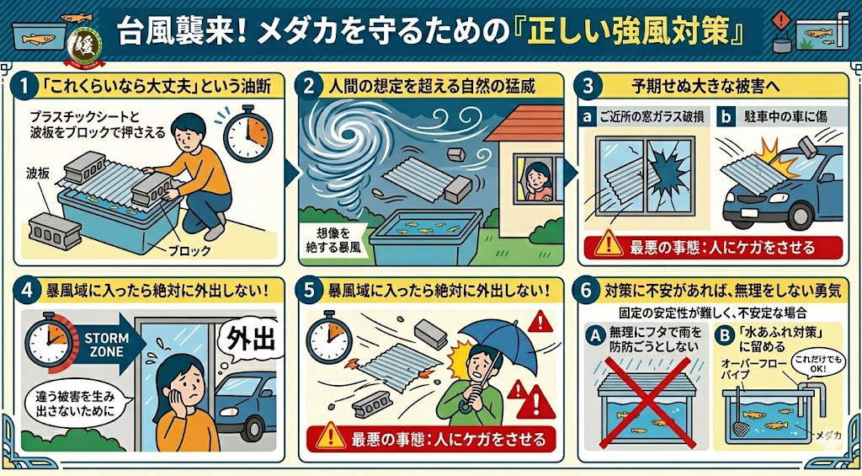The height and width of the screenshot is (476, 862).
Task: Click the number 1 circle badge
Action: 24,87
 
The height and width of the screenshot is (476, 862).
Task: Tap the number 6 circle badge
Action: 586,290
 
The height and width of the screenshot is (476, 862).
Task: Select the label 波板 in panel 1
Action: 38,174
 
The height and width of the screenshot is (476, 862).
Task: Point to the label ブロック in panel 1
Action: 189,251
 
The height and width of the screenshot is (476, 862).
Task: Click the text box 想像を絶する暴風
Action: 333,240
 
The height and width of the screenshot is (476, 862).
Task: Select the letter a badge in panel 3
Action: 588,116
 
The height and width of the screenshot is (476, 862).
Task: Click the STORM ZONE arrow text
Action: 106,345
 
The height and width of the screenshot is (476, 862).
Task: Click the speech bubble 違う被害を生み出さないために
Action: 76,404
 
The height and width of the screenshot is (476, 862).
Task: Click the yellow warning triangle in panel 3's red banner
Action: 609,243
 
